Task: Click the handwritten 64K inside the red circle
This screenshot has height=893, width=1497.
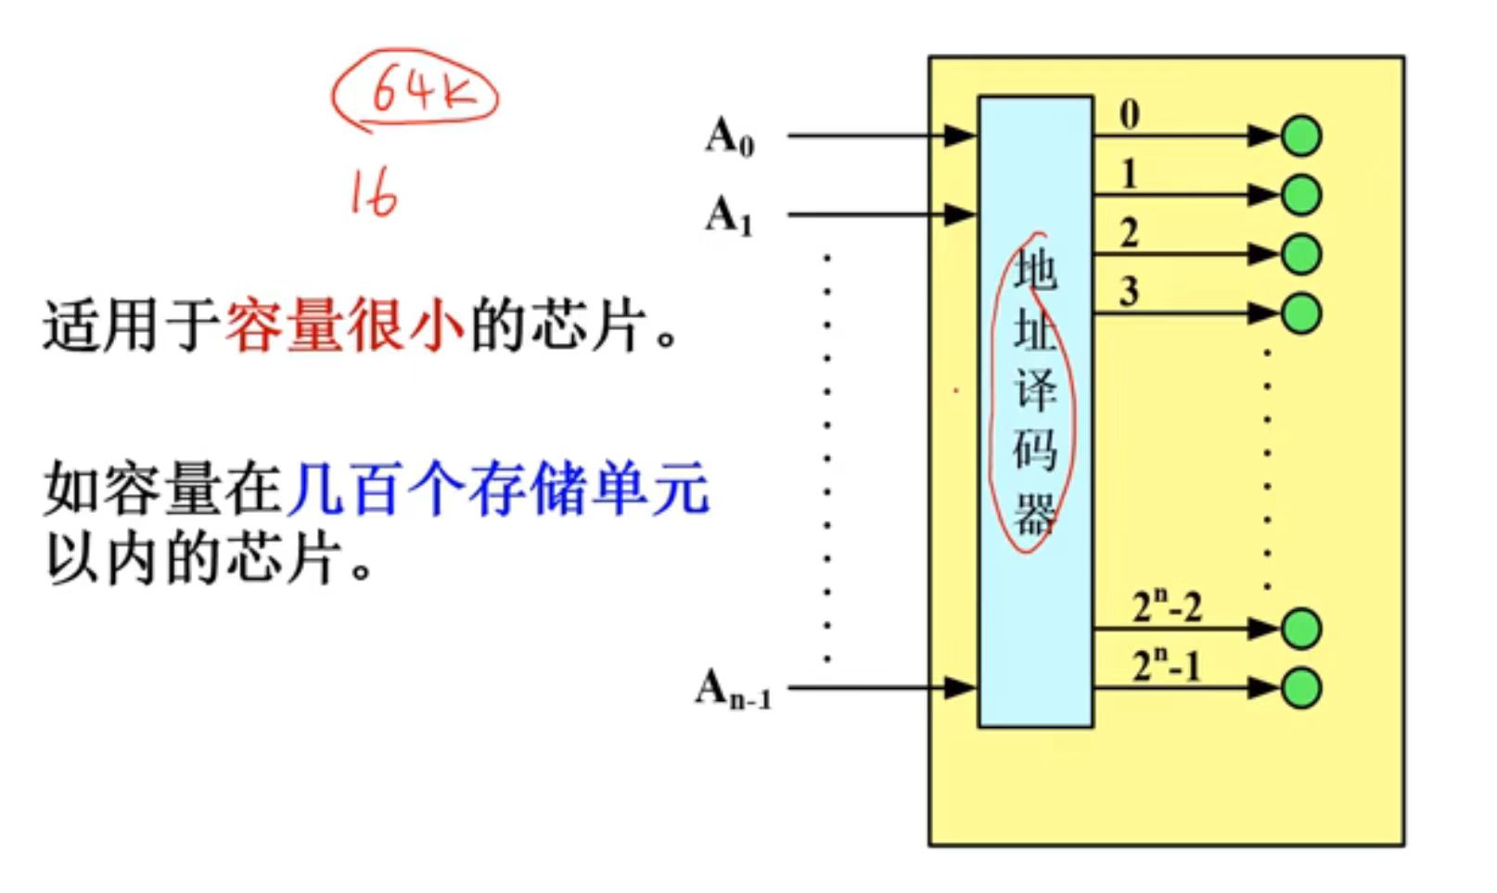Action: [x=421, y=92]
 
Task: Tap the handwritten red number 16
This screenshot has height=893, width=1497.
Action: [x=374, y=195]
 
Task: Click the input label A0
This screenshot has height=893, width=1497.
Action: [x=730, y=136]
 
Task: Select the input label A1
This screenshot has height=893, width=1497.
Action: [x=729, y=215]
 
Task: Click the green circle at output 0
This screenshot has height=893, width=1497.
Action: [x=1301, y=135]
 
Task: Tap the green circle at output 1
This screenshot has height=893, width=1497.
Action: [x=1301, y=195]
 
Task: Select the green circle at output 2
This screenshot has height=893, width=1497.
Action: [x=1301, y=254]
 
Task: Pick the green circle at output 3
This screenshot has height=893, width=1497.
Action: [x=1301, y=313]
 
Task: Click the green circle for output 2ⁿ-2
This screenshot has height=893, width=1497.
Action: [x=1301, y=629]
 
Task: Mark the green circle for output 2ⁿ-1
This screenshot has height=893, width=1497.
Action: [x=1301, y=688]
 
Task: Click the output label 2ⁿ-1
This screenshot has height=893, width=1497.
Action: [x=1166, y=665]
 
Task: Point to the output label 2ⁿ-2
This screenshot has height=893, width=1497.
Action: [x=1167, y=606]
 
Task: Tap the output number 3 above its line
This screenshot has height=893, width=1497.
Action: [x=1129, y=292]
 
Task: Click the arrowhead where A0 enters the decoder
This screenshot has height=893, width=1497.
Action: [x=960, y=135]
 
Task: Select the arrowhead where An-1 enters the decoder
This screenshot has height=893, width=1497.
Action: [x=960, y=688]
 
